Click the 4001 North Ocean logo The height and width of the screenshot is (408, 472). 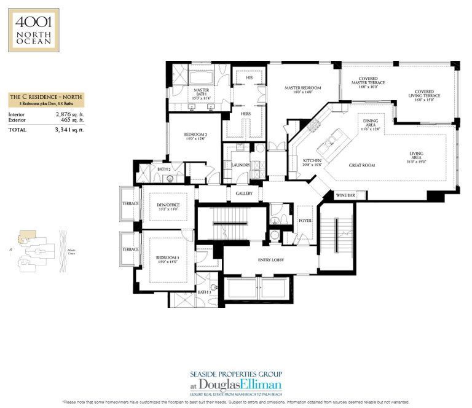(33, 29)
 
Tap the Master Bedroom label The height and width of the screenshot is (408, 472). (302, 88)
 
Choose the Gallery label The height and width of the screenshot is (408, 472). (244, 193)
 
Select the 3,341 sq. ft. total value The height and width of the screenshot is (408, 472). (69, 130)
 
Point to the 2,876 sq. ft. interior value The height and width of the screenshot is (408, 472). (69, 114)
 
